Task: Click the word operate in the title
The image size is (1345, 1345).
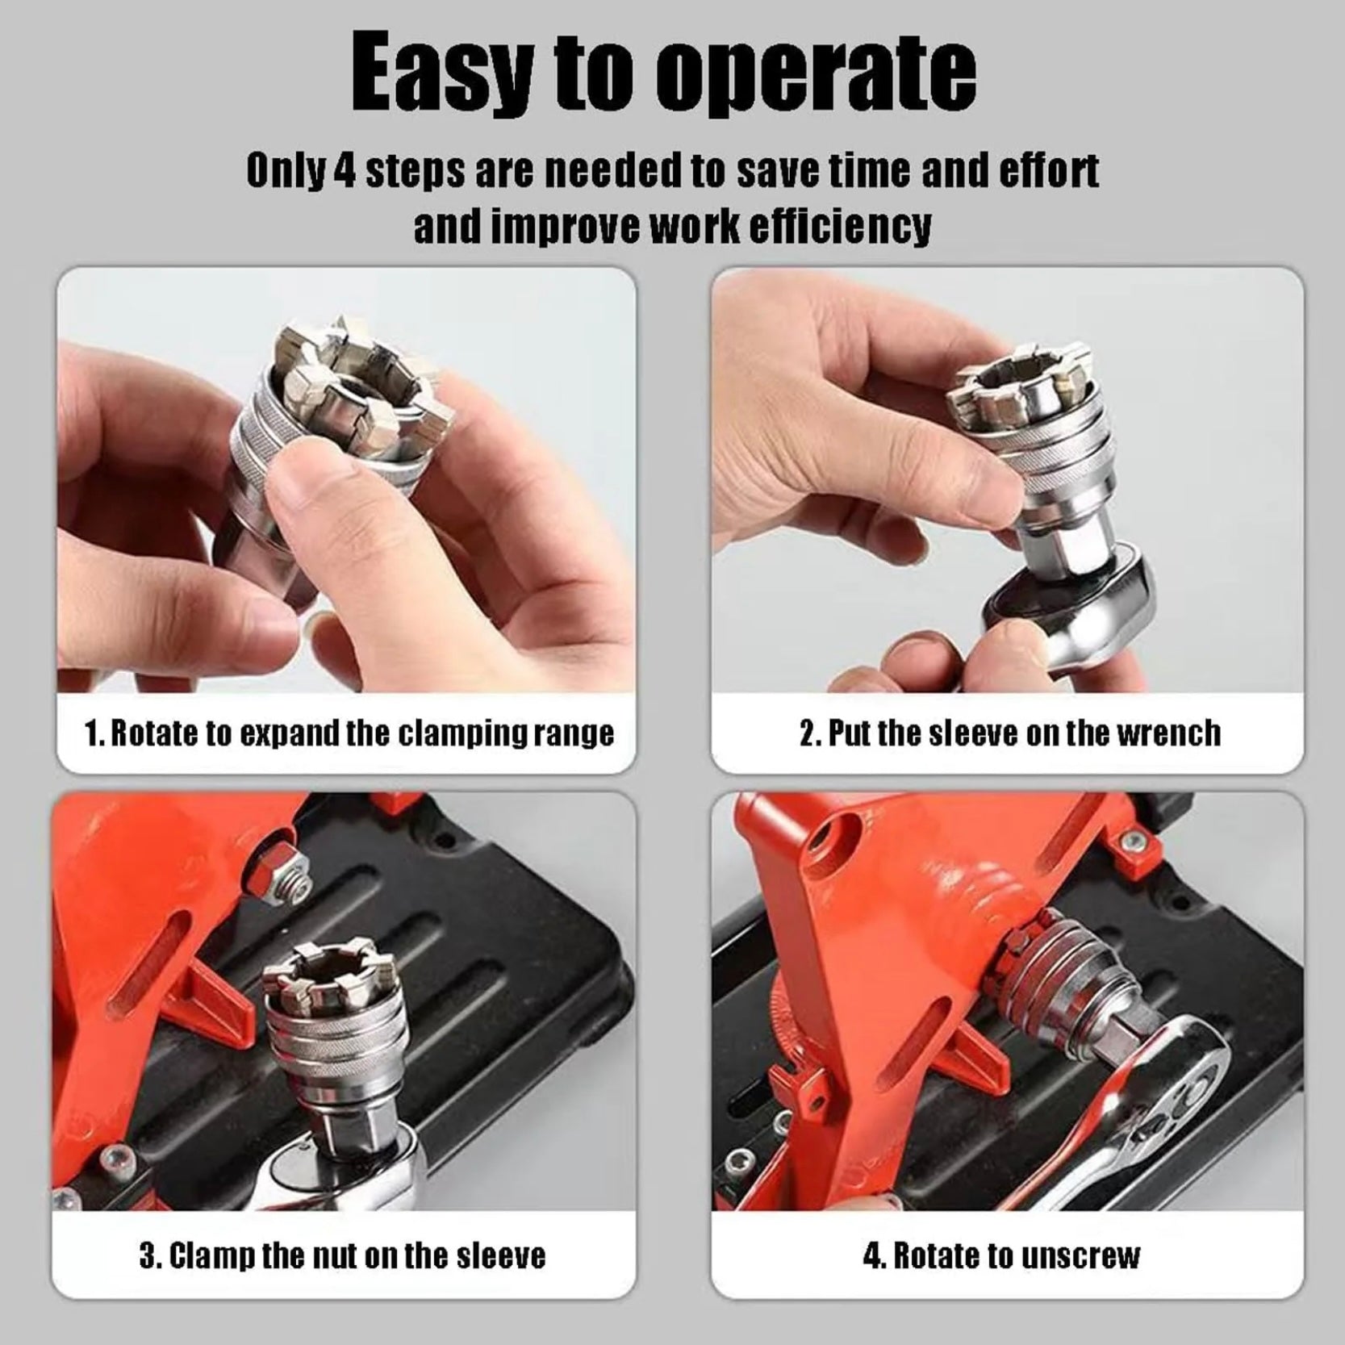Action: click(x=816, y=74)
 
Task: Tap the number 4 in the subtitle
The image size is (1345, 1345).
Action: click(x=345, y=172)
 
